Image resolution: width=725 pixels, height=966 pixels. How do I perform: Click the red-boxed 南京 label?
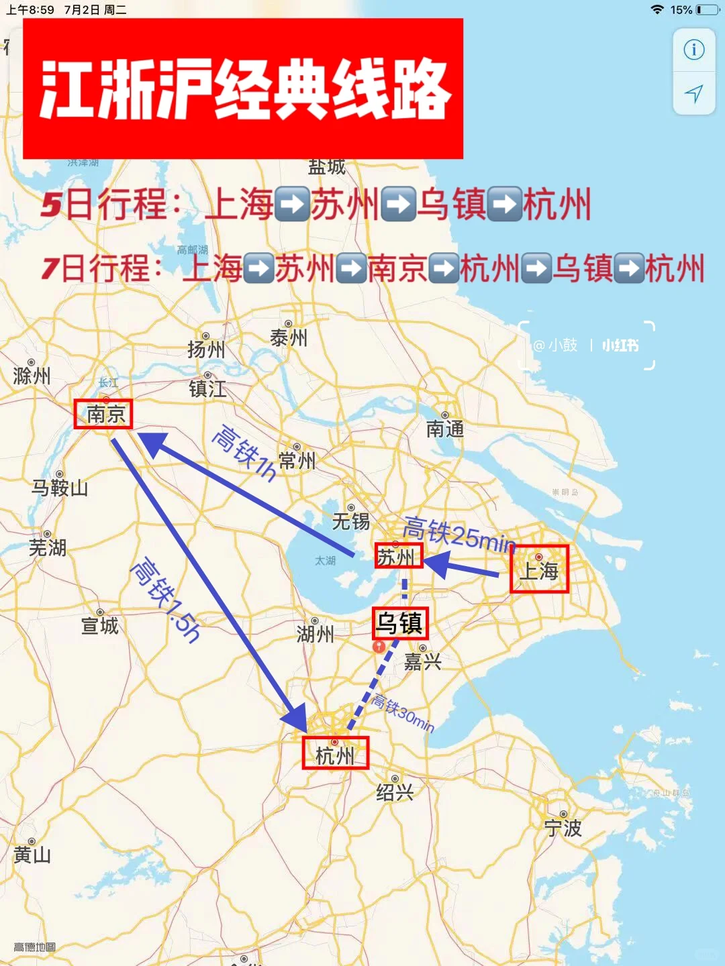coord(103,414)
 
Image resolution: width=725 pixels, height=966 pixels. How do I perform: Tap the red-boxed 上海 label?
coord(539,569)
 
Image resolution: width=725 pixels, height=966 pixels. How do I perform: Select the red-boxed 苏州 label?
coord(398,556)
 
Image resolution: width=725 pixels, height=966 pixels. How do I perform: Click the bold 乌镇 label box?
coord(400,623)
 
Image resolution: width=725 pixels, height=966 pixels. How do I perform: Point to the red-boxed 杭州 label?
coord(335,754)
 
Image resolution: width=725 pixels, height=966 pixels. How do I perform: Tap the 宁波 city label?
coord(563,828)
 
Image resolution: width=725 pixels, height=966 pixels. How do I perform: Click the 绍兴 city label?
coord(394,792)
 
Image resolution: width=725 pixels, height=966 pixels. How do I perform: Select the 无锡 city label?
coord(350,521)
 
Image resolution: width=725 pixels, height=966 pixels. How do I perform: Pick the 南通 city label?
coord(444,428)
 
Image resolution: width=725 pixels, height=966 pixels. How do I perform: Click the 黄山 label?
coord(32,855)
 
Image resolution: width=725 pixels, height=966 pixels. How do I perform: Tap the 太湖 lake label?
coord(326,560)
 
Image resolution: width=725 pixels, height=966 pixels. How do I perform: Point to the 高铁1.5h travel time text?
coord(165,600)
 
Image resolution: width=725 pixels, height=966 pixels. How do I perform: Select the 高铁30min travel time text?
coord(403,713)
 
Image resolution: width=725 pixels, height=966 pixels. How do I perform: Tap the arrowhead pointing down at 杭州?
coord(295,718)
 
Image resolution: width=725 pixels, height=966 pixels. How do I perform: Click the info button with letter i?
coord(693,50)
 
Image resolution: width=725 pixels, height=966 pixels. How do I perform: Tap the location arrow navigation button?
coord(693,93)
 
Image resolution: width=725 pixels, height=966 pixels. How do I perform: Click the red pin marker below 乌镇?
coord(379,646)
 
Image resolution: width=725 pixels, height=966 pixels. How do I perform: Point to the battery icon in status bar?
coord(707,9)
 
